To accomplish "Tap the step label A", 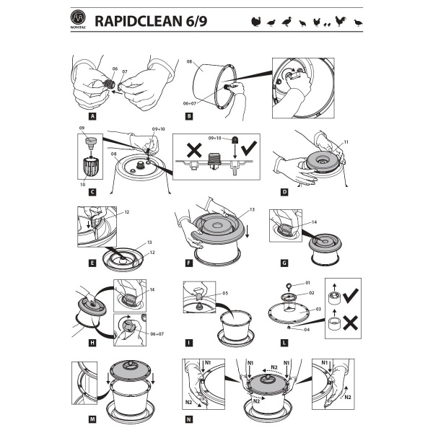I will click(92, 115).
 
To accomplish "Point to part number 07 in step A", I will click(123, 71).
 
